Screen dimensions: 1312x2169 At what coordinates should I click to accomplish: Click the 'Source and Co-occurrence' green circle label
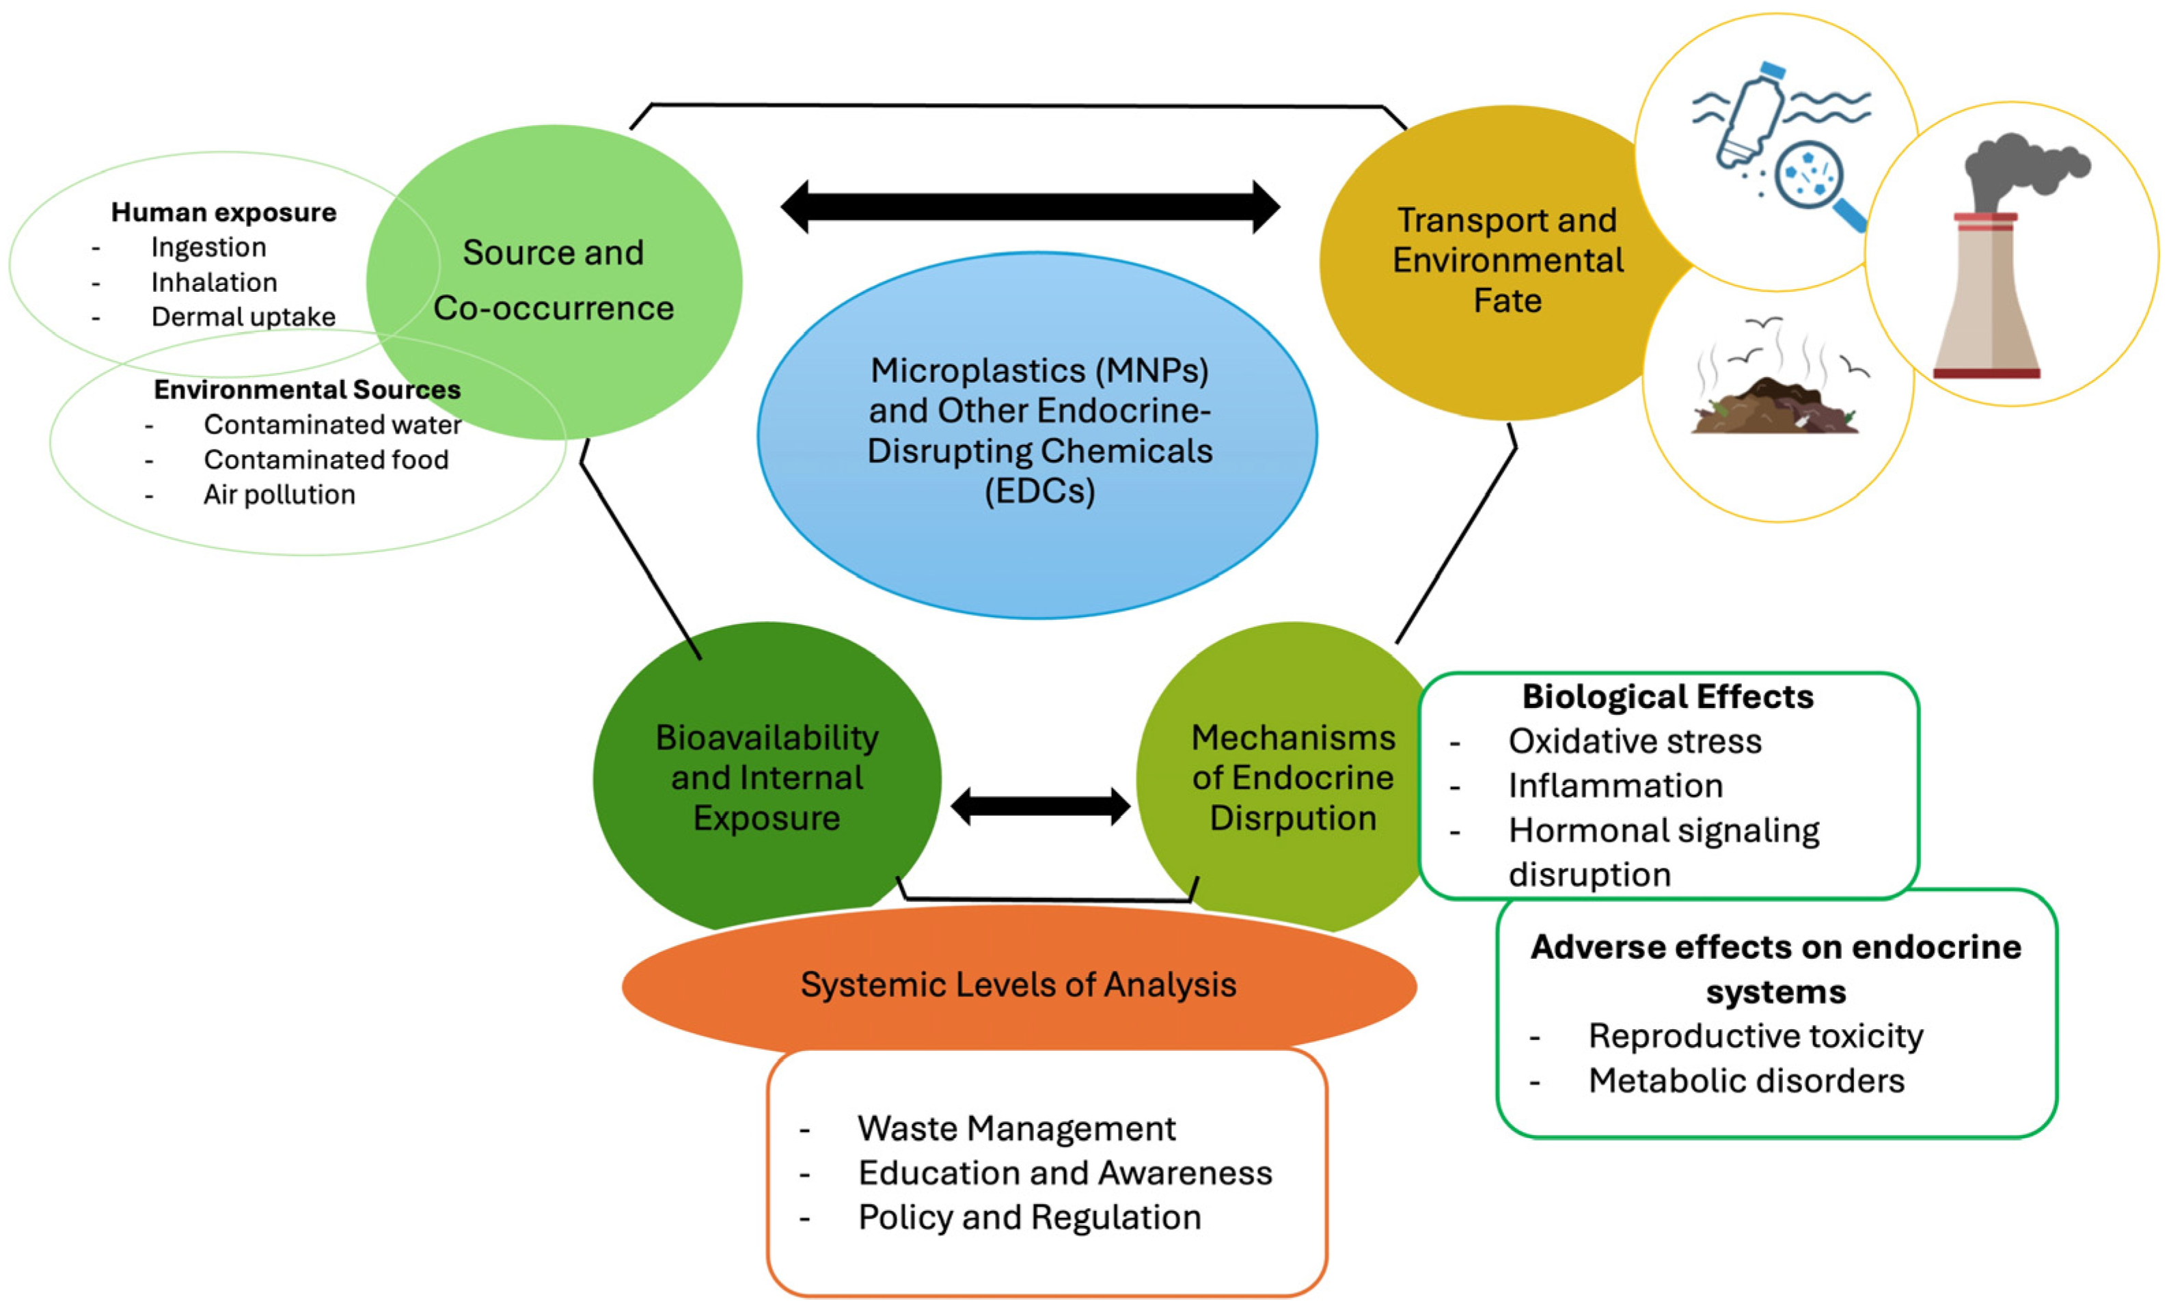point(554,279)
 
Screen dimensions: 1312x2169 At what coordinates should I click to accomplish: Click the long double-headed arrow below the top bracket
point(1030,208)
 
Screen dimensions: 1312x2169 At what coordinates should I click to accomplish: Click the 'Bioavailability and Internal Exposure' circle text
point(767,777)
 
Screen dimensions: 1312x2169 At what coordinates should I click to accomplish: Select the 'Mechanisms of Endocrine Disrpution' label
point(1292,777)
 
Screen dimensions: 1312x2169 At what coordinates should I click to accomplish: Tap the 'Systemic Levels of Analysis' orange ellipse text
point(1018,985)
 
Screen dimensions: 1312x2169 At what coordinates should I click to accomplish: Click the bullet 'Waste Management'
point(1016,1128)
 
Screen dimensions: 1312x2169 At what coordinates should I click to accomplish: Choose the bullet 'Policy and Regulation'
point(1029,1217)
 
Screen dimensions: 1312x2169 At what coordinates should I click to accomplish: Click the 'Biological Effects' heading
point(1667,697)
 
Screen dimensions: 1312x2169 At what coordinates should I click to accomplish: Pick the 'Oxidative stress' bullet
point(1635,741)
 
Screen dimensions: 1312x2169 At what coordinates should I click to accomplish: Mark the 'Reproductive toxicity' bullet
point(1756,1036)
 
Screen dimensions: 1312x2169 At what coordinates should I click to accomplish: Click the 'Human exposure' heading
point(223,212)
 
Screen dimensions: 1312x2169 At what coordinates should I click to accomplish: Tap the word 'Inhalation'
point(214,282)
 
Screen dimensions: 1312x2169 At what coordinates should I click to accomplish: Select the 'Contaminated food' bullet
point(326,459)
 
